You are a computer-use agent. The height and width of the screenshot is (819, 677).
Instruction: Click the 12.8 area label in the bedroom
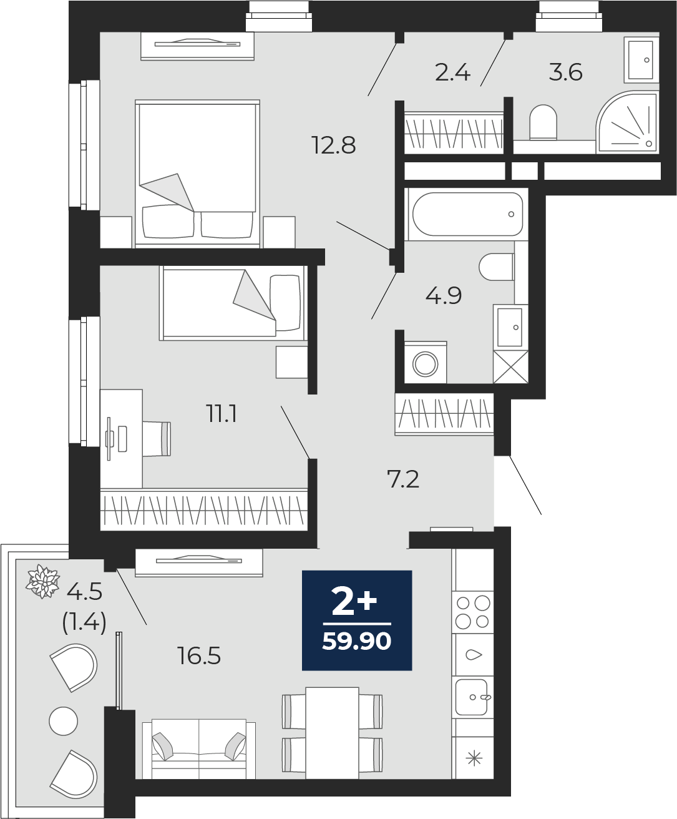coord(333,145)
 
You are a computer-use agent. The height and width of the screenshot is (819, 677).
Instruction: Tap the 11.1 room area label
coord(222,413)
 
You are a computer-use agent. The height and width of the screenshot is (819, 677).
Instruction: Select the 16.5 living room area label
coord(199,656)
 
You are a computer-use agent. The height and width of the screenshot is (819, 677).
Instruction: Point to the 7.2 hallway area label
coord(403,479)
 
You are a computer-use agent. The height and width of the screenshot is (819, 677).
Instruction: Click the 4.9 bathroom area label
coord(444,295)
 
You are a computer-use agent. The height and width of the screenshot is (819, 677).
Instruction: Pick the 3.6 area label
coord(565,72)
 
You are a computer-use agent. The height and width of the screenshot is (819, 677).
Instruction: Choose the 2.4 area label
coord(452,72)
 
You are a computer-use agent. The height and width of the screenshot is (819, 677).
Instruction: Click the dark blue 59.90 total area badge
coord(357,620)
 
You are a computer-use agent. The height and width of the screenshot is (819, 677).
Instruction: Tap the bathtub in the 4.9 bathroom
coord(465,214)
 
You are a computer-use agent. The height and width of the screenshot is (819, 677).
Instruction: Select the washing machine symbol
coord(426,363)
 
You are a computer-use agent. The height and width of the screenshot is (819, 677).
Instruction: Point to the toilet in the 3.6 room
coord(543,122)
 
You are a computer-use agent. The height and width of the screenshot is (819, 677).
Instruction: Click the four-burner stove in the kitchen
coord(472,612)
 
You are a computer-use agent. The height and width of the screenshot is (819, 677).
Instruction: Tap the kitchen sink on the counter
coord(472,696)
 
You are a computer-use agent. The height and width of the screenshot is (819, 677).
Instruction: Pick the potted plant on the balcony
coord(43,581)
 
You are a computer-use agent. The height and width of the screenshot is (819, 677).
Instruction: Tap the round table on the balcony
coord(63,721)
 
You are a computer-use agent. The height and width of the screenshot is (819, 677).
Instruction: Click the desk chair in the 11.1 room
coord(157,438)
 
